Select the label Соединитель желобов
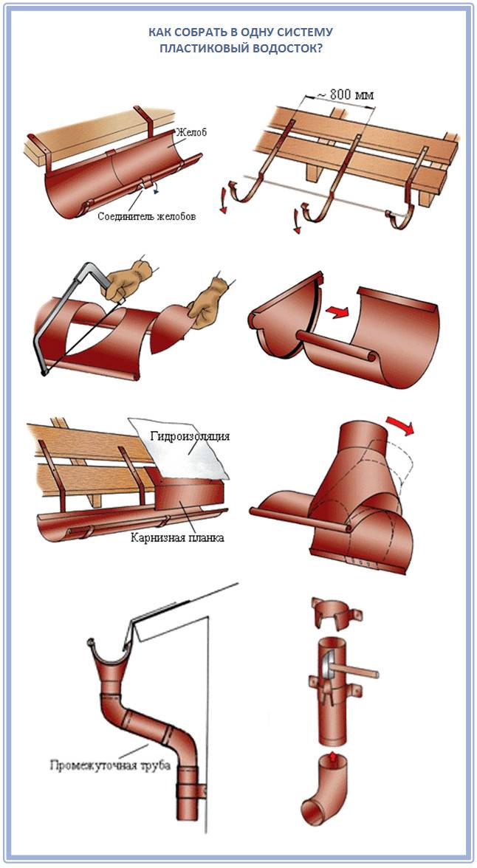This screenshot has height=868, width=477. tap(146, 216)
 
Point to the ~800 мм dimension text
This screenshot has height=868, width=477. tap(344, 94)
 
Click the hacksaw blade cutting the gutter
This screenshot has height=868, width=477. tap(83, 335)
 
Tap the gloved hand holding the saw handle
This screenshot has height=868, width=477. tap(128, 277)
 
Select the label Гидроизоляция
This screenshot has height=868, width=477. tap(190, 437)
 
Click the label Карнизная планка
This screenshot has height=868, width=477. tap(178, 537)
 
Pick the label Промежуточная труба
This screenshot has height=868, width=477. tap(110, 766)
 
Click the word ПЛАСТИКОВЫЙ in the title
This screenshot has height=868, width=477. tap(202, 48)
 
